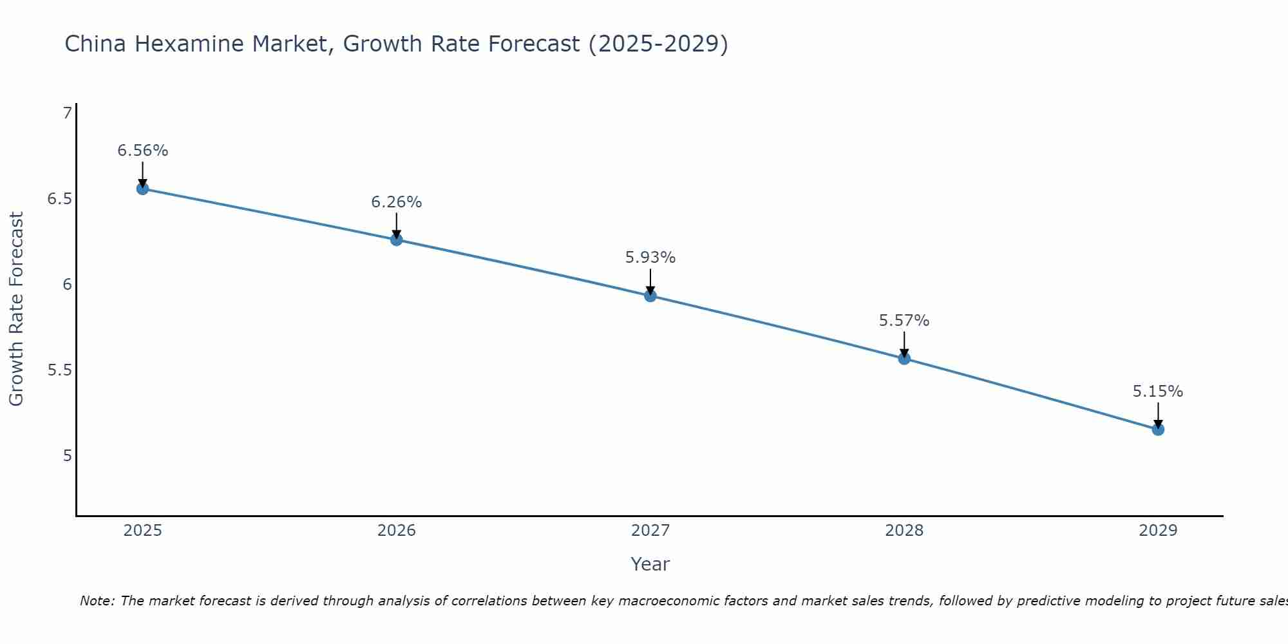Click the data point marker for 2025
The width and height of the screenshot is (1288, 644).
pyautogui.click(x=142, y=189)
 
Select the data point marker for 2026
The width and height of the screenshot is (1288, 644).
pyautogui.click(x=397, y=240)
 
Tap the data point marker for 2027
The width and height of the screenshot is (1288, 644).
pyautogui.click(x=650, y=296)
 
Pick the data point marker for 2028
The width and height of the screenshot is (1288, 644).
pyautogui.click(x=904, y=359)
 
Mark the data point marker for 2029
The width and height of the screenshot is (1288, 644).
pyautogui.click(x=1158, y=430)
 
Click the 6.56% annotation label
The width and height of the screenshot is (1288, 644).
pyautogui.click(x=142, y=151)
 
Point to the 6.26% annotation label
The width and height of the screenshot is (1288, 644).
pyautogui.click(x=397, y=202)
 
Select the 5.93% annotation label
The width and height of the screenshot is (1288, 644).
pyautogui.click(x=650, y=258)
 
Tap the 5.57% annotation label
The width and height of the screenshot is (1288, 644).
pyautogui.click(x=904, y=321)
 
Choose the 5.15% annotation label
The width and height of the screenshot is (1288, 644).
pyautogui.click(x=1158, y=392)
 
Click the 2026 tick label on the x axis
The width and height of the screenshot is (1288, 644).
pyautogui.click(x=397, y=531)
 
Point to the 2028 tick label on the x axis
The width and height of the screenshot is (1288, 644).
pyautogui.click(x=904, y=531)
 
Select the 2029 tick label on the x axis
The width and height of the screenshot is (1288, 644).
pyautogui.click(x=1158, y=531)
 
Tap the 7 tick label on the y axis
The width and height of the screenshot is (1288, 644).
pyautogui.click(x=67, y=113)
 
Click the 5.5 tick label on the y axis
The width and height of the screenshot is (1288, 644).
pyautogui.click(x=59, y=370)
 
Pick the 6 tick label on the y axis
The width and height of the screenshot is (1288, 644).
pyautogui.click(x=67, y=285)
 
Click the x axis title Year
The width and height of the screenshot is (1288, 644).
pyautogui.click(x=650, y=564)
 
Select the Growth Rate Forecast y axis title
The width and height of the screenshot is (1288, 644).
pyautogui.click(x=17, y=309)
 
